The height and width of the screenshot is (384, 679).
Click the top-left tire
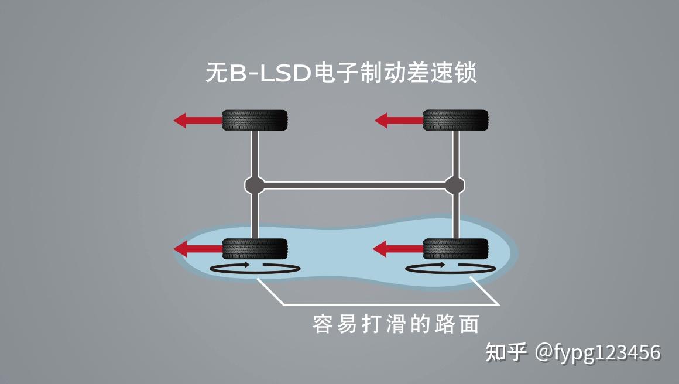(x=255, y=121)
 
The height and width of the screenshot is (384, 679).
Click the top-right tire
(x=455, y=121)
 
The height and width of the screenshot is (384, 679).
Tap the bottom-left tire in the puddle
(x=255, y=249)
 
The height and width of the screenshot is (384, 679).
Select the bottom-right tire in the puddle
(x=455, y=249)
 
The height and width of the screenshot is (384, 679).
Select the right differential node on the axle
(x=455, y=186)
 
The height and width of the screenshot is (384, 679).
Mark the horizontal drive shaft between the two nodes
(x=355, y=186)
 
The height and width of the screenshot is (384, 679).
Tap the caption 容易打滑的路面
(x=396, y=324)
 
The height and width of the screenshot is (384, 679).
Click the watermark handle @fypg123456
(x=598, y=352)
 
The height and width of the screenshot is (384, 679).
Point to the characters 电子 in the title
(x=334, y=74)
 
